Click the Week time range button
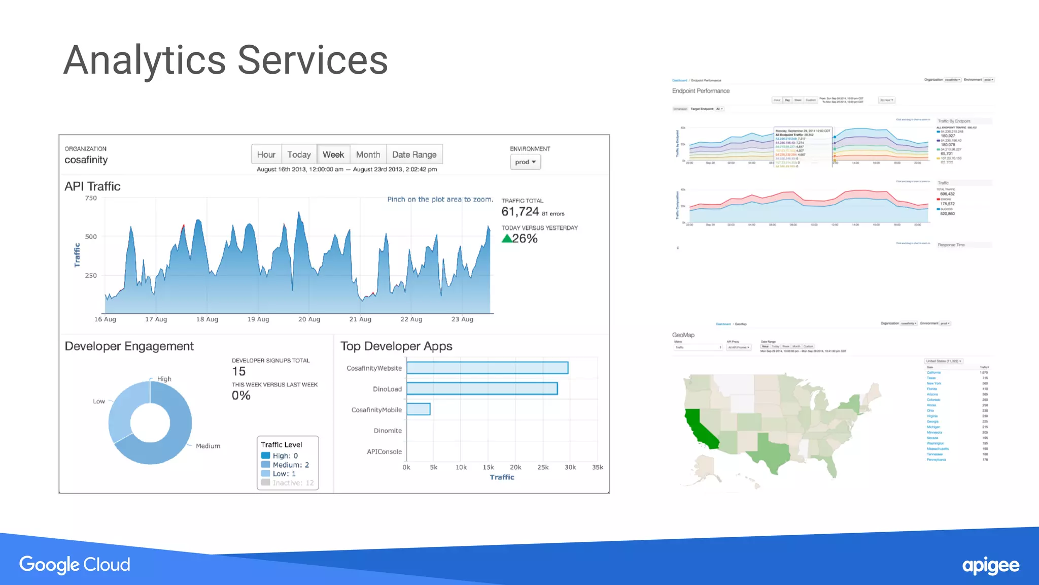tap(333, 154)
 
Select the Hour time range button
tap(266, 154)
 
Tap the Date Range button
tap(414, 154)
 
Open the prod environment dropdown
tap(525, 162)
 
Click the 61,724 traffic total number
tap(520, 212)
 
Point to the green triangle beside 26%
tap(506, 239)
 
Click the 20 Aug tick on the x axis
tap(309, 319)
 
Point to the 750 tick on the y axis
tap(91, 198)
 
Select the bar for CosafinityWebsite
tap(487, 368)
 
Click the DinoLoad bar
tap(482, 388)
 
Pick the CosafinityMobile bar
tap(419, 409)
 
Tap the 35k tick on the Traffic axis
tap(598, 467)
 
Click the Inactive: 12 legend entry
tap(288, 483)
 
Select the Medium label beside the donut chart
tap(208, 446)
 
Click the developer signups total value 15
tap(239, 372)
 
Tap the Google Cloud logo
tap(75, 565)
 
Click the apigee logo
tap(990, 566)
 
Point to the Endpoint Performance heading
tap(701, 91)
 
